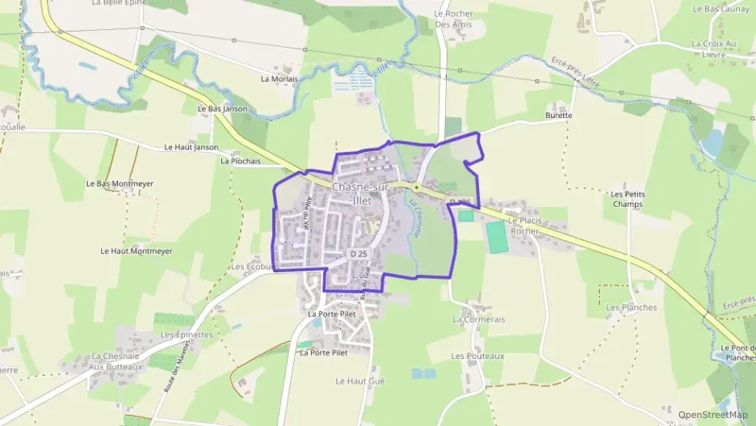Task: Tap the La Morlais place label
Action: pyautogui.click(x=279, y=79)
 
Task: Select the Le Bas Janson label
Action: pyautogui.click(x=222, y=109)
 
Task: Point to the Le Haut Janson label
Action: pyautogui.click(x=191, y=147)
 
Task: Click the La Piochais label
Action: pyautogui.click(x=241, y=161)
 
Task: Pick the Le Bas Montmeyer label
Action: pyautogui.click(x=120, y=183)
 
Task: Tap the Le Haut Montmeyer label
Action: pyautogui.click(x=136, y=251)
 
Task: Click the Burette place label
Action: pyautogui.click(x=558, y=116)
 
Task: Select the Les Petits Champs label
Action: pyautogui.click(x=628, y=199)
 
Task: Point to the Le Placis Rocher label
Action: pyautogui.click(x=523, y=226)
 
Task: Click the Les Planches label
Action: pyautogui.click(x=632, y=307)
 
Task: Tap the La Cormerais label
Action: pyautogui.click(x=479, y=319)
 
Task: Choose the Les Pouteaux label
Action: pyautogui.click(x=477, y=356)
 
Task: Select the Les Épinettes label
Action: pyautogui.click(x=187, y=335)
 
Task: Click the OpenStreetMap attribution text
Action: pyautogui.click(x=713, y=415)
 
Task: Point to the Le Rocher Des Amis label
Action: pyautogui.click(x=454, y=19)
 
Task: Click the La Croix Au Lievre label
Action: pyautogui.click(x=714, y=49)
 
